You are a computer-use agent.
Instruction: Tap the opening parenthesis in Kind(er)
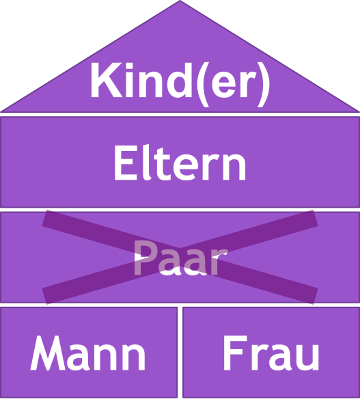pyautogui.click(x=203, y=84)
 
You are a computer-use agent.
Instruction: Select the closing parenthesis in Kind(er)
pyautogui.click(x=263, y=84)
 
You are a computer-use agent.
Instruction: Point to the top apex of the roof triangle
pyautogui.click(x=180, y=1)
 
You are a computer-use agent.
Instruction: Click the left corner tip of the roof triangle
pyautogui.click(x=1, y=111)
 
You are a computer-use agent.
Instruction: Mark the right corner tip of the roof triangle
pyautogui.click(x=359, y=111)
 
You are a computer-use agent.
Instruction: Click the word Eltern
pyautogui.click(x=180, y=162)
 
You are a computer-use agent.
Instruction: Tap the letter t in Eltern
pyautogui.click(x=163, y=164)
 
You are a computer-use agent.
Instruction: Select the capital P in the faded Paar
pyautogui.click(x=143, y=258)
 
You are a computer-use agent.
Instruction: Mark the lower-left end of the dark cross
pyautogui.click(x=44, y=296)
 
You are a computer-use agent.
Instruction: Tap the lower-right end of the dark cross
pyautogui.click(x=316, y=296)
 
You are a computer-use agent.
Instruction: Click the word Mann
pyautogui.click(x=88, y=353)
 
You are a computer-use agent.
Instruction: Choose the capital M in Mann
pyautogui.click(x=48, y=353)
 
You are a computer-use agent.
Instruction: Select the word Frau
pyautogui.click(x=271, y=353)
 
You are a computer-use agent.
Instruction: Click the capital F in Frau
pyautogui.click(x=235, y=353)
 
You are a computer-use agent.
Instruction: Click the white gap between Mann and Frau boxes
pyautogui.click(x=180, y=353)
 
